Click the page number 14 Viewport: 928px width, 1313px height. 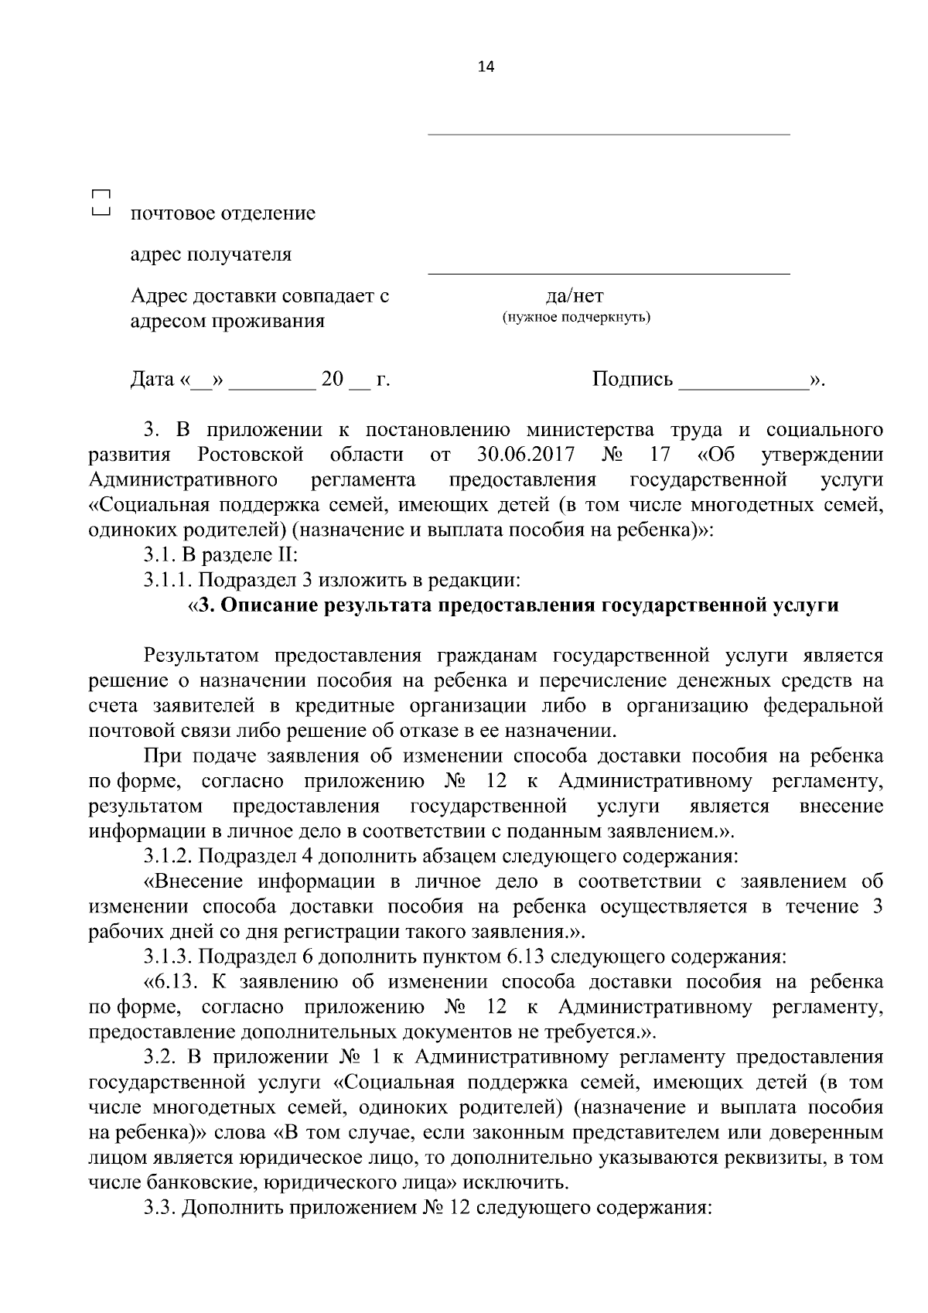(486, 67)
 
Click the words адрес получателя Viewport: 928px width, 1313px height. (210, 254)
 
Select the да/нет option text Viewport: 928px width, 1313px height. (575, 295)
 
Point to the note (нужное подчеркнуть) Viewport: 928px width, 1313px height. (576, 318)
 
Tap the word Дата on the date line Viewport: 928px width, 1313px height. (152, 380)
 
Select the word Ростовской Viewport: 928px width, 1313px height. (250, 454)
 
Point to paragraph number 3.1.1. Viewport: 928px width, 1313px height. (168, 579)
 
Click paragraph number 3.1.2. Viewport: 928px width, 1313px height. (168, 856)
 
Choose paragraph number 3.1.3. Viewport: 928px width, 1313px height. (168, 957)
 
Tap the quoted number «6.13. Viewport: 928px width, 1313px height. (172, 982)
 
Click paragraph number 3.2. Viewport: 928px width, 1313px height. (160, 1056)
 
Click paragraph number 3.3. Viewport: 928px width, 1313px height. (160, 1208)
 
